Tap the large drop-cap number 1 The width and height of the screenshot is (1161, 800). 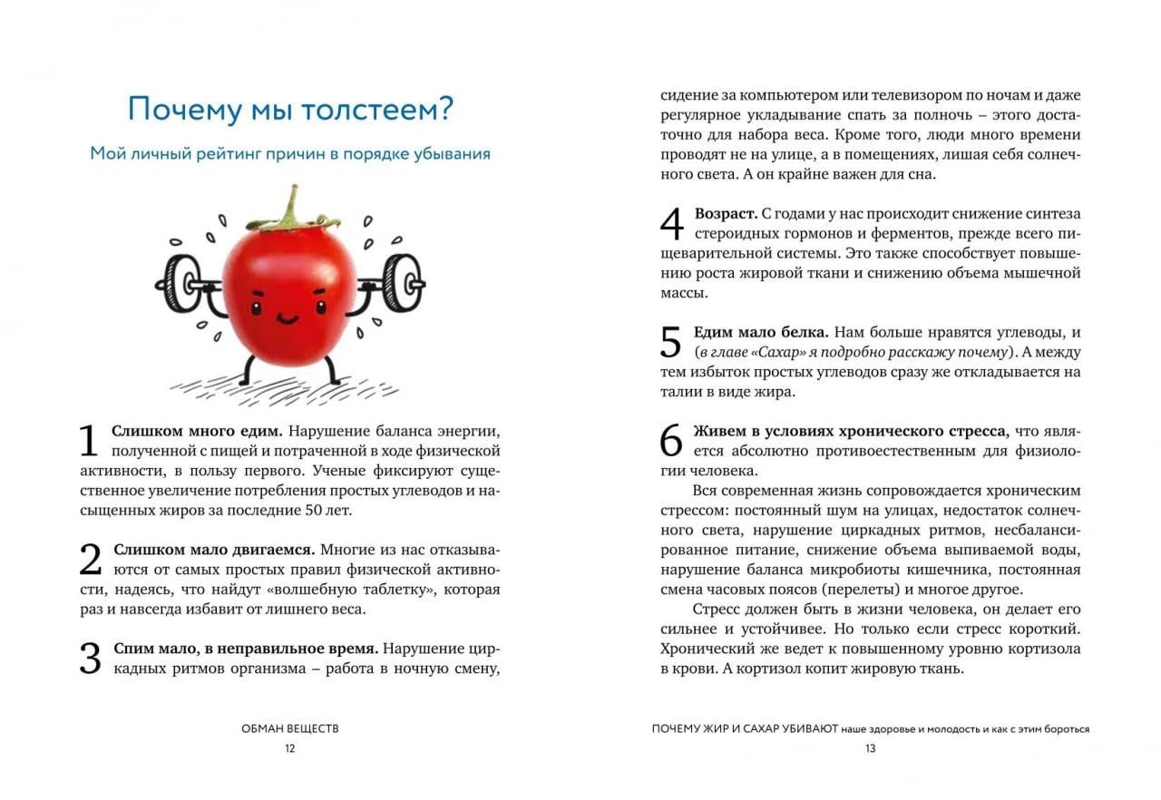pyautogui.click(x=88, y=441)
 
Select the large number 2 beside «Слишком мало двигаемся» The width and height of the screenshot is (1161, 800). pyautogui.click(x=90, y=561)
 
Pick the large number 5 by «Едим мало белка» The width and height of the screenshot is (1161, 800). pyautogui.click(x=670, y=343)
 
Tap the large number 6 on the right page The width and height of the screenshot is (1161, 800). pyautogui.click(x=670, y=441)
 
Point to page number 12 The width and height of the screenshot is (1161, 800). pyautogui.click(x=289, y=748)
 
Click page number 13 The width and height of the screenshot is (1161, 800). pyautogui.click(x=870, y=748)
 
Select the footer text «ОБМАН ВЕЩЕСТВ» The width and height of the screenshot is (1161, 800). pyautogui.click(x=290, y=728)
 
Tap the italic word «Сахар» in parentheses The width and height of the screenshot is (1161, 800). pyautogui.click(x=778, y=352)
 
